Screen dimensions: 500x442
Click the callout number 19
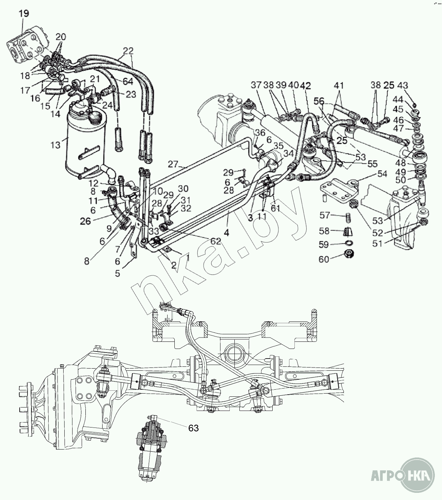click(x=24, y=14)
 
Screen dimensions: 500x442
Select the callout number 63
click(x=193, y=427)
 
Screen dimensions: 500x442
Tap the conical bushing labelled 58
click(x=346, y=231)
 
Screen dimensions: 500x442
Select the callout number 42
click(x=306, y=86)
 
